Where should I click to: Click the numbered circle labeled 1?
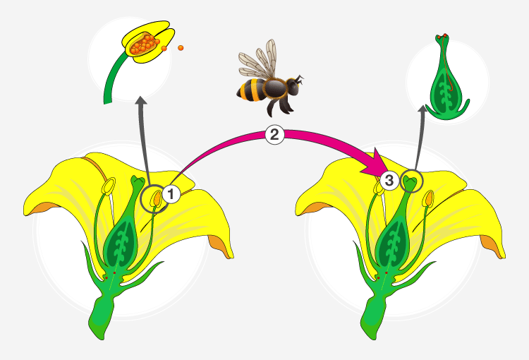[171, 194]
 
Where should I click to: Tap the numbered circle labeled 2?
[274, 135]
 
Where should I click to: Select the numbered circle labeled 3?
[389, 180]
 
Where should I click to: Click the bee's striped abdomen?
[251, 90]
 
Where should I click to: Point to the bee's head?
[293, 86]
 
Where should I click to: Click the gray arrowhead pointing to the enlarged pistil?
[422, 109]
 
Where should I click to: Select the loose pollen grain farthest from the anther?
[181, 48]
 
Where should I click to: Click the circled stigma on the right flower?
[411, 181]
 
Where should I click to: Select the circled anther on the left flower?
[156, 198]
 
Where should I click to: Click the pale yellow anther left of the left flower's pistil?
[109, 186]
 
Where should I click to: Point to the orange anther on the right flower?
[428, 198]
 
